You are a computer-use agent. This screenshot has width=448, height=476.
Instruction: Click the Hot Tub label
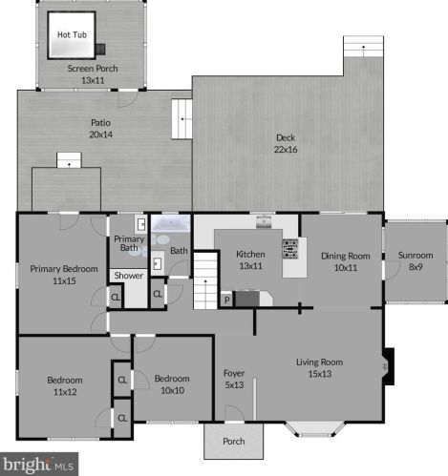coord(72,34)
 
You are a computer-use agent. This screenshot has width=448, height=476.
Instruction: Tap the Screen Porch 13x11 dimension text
coord(93,80)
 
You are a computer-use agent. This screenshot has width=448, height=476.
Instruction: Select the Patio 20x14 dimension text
coord(101,135)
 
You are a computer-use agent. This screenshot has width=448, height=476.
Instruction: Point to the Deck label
coord(286,137)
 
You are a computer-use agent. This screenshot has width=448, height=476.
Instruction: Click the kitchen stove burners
coord(290,248)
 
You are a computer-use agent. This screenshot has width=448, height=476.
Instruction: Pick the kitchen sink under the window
coord(264,221)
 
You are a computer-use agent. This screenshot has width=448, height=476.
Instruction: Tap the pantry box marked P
coord(227,300)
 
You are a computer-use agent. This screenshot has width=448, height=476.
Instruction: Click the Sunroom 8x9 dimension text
coord(416,267)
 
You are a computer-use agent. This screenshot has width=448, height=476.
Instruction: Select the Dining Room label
coord(346,256)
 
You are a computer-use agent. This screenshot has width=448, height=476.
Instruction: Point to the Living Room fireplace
coord(388,366)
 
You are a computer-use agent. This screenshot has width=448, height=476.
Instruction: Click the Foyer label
coord(234,373)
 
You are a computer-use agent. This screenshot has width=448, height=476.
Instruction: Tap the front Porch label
coord(234,442)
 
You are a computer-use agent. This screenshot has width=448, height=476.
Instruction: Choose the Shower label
coord(129,276)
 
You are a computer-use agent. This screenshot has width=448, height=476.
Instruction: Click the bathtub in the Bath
coord(171,223)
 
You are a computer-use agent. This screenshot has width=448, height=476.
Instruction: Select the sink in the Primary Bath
coord(140,224)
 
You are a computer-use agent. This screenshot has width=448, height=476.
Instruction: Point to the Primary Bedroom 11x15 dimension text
coord(64,280)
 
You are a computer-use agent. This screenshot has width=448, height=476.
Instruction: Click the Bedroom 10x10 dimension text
coord(172,390)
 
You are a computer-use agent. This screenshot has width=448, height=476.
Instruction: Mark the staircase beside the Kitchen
coord(205,280)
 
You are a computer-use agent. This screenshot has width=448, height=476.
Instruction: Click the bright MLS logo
coord(39,465)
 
